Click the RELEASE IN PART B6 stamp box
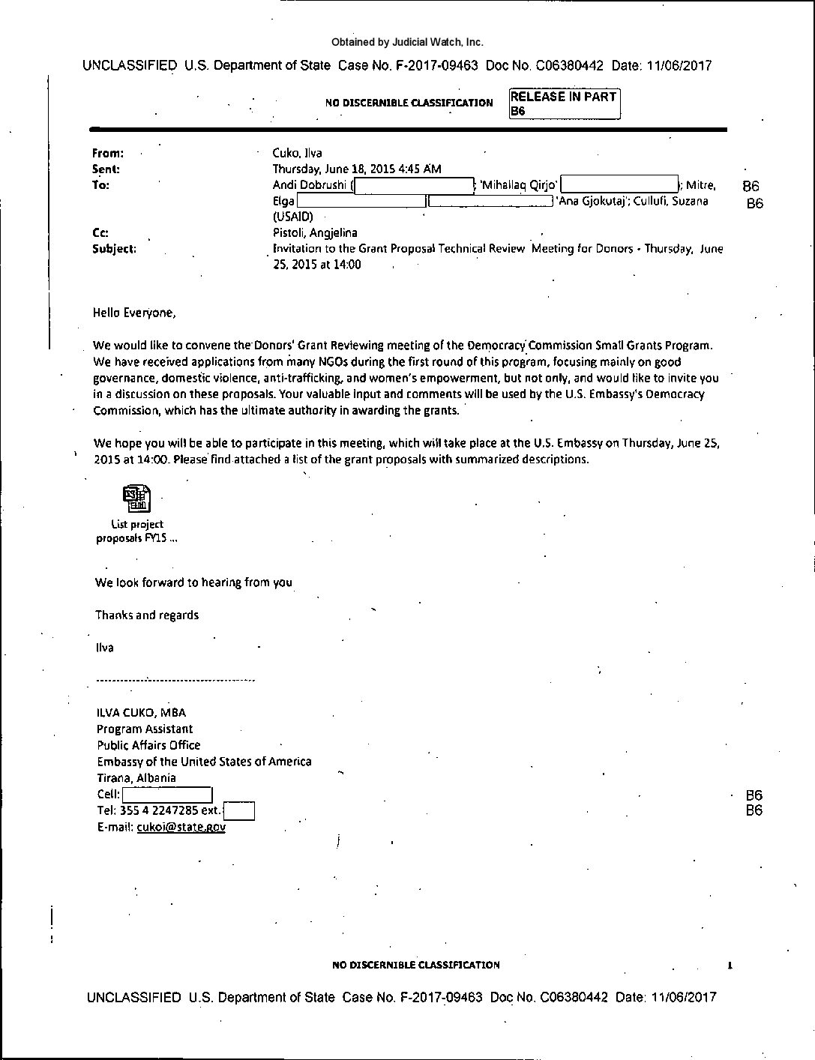[x=564, y=103]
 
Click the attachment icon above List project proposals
[x=136, y=498]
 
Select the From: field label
[x=108, y=153]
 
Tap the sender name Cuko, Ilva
[x=297, y=153]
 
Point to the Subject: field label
[x=114, y=249]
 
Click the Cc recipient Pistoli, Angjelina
[x=315, y=233]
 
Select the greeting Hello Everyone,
[x=134, y=313]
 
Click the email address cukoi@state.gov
[x=181, y=827]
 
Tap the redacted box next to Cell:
[x=167, y=795]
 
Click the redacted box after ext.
[x=239, y=811]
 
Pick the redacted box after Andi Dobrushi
[x=413, y=185]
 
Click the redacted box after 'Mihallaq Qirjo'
[x=619, y=184]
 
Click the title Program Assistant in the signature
[x=145, y=729]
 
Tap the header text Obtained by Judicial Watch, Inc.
[x=407, y=43]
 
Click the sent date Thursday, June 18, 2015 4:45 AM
[x=356, y=169]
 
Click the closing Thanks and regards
[x=147, y=615]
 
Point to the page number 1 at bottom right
[x=730, y=966]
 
